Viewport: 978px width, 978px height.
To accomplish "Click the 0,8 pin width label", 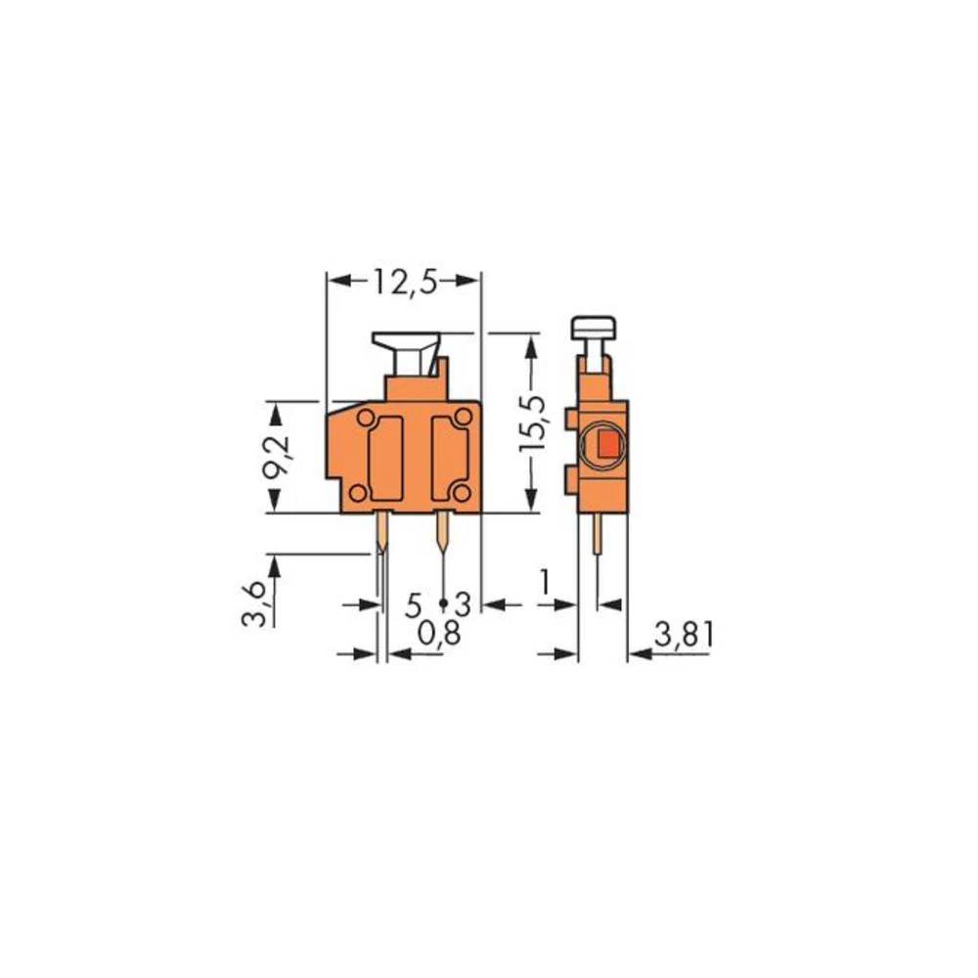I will pos(437,636).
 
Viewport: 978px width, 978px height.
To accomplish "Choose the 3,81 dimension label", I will pos(685,637).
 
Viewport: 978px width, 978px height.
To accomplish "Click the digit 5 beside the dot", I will pos(415,604).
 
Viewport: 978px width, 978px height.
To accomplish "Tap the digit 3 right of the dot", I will pos(463,604).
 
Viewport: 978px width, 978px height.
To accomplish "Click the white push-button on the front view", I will pos(406,351).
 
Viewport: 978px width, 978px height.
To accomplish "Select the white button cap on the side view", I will pos(594,328).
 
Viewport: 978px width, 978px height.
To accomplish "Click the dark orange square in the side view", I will pos(606,446).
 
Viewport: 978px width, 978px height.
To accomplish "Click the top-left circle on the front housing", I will pos(366,419).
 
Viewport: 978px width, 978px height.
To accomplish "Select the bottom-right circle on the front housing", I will pos(463,492).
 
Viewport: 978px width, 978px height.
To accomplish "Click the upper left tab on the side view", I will pos(571,420).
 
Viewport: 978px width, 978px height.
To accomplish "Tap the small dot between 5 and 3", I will pos(443,602).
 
